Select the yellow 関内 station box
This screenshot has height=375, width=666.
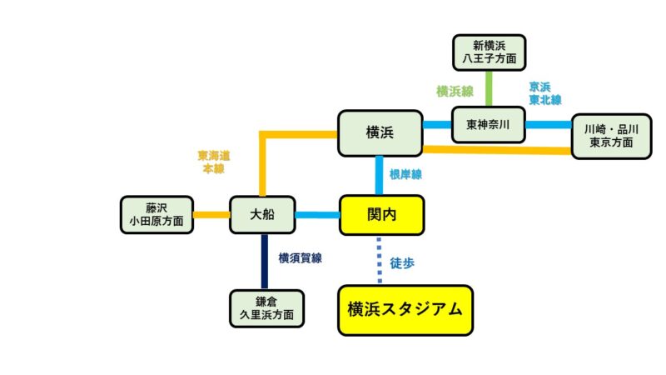(381, 214)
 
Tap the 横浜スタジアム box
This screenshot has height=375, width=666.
(405, 310)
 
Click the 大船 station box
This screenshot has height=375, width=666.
(261, 215)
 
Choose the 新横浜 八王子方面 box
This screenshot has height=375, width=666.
(490, 52)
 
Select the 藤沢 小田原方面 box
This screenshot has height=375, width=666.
(157, 215)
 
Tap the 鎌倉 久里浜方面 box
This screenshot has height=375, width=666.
(266, 308)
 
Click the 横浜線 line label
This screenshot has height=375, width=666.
(455, 91)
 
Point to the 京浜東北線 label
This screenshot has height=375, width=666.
(544, 92)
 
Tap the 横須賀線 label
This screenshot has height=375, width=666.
(300, 258)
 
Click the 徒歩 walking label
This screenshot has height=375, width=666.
(402, 262)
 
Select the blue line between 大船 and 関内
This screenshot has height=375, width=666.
(316, 215)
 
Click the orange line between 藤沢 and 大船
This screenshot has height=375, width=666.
(211, 215)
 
